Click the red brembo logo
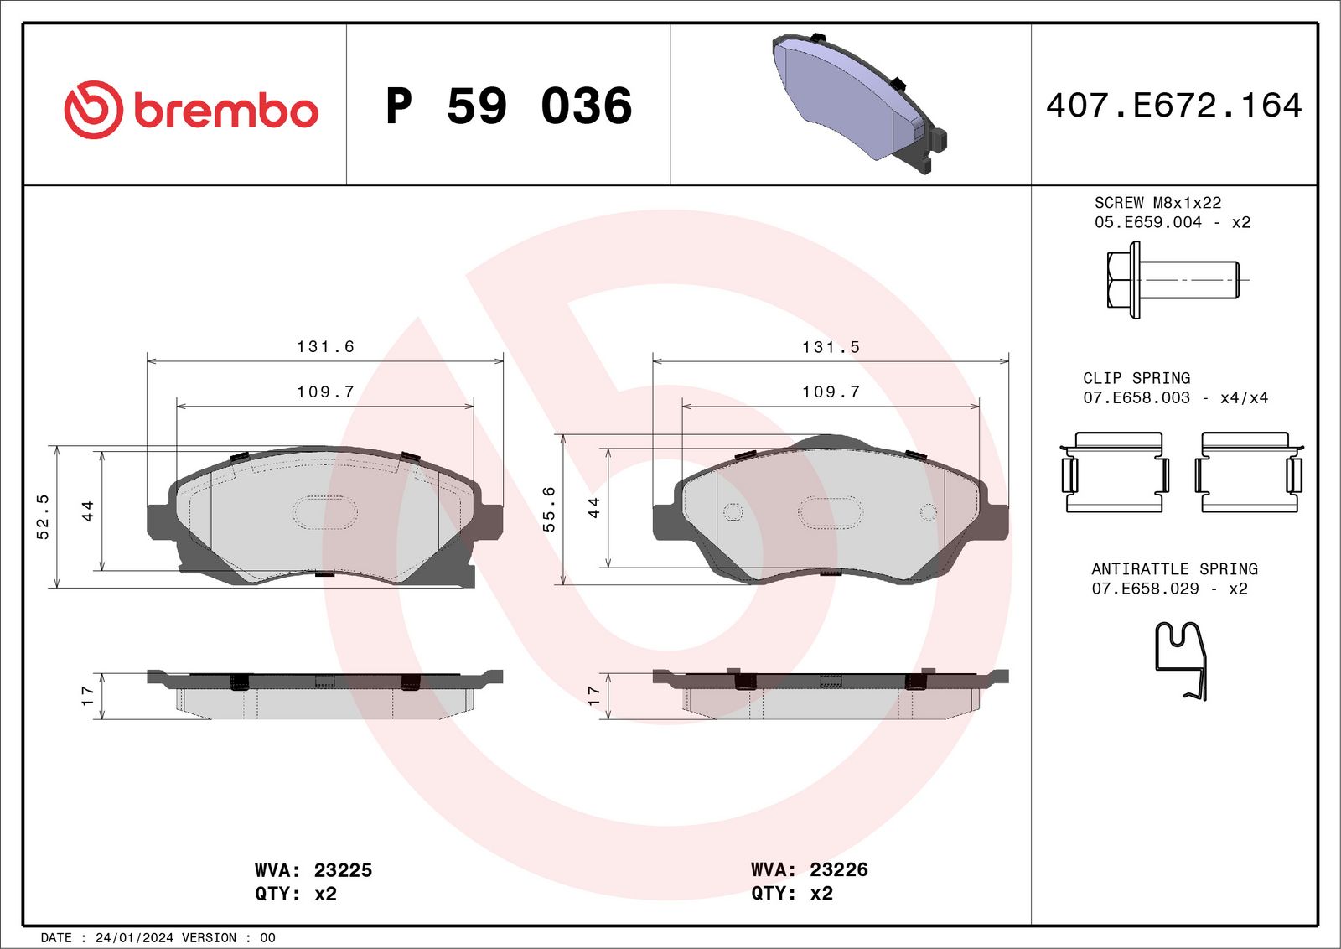(x=191, y=110)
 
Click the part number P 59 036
(x=509, y=106)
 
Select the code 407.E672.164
(x=1173, y=106)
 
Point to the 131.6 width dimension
(x=325, y=347)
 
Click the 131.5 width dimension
(x=831, y=347)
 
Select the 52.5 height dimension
(x=43, y=516)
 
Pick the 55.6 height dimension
(x=549, y=509)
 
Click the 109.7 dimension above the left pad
(x=325, y=392)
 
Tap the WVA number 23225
(x=343, y=870)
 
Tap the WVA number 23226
(x=839, y=869)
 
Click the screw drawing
(x=1172, y=280)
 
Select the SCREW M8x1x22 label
(x=1157, y=203)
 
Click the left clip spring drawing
(x=1115, y=472)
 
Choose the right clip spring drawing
(x=1249, y=472)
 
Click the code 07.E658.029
(x=1145, y=589)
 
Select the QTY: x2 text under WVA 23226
(x=792, y=893)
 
